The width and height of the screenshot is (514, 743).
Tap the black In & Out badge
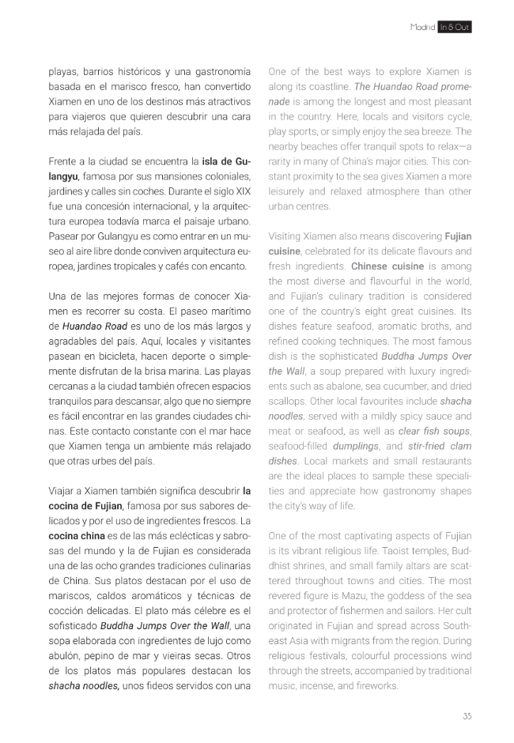coord(455,27)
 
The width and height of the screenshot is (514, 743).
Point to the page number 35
coord(467,716)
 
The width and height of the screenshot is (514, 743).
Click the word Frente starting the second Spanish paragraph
coord(65,160)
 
